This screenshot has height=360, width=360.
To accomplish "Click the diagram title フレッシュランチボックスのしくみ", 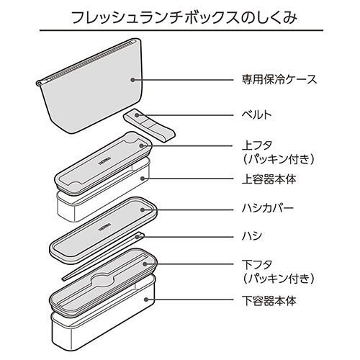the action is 184,17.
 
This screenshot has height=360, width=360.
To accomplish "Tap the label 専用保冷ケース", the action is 279,79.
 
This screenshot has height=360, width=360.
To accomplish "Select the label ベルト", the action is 256,115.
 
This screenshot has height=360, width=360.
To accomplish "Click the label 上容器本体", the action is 269,179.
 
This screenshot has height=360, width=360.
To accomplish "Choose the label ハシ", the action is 252,237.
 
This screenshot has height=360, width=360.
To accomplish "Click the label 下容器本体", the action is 269,300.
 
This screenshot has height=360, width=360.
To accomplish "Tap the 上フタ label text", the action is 257,145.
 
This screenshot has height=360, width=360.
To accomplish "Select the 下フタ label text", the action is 257,265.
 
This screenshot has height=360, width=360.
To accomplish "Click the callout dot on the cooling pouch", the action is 132,80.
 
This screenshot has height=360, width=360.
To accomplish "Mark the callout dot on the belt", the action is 137,115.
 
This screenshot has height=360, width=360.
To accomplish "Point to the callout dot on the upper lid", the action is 141,145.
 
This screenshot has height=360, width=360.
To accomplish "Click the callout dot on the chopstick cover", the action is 143,210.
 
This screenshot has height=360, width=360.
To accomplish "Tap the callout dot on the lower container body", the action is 145,300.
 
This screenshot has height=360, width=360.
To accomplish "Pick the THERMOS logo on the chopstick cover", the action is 104,228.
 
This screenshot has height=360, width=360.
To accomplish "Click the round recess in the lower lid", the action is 103,280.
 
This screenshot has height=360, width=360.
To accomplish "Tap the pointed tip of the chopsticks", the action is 63,279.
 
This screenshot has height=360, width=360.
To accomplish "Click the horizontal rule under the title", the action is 181,30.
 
